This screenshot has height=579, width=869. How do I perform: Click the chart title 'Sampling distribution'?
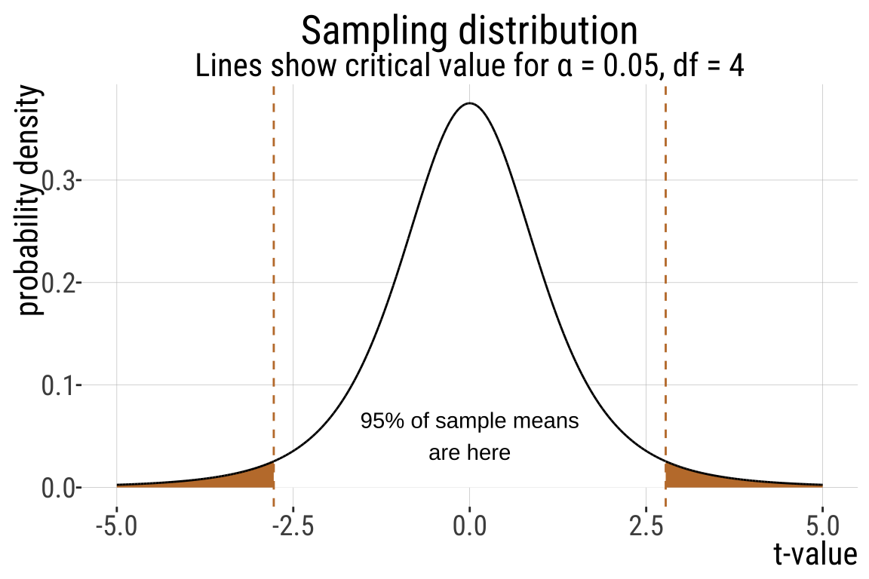tap(469, 31)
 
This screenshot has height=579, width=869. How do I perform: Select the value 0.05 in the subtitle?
tap(614, 66)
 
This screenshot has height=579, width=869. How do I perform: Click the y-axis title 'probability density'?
tap(31, 201)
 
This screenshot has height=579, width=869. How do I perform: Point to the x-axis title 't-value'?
tap(815, 555)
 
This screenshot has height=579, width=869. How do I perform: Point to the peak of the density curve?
tap(469, 103)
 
